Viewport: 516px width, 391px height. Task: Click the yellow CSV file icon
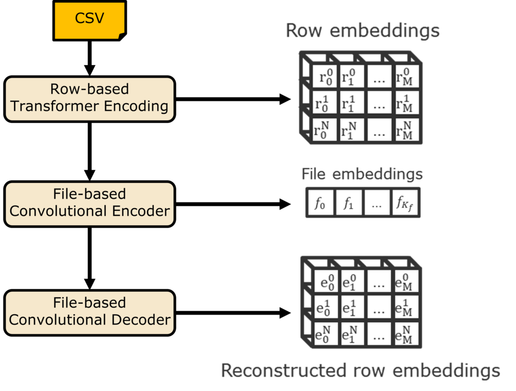pos(90,20)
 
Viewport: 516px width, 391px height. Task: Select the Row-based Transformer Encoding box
pos(90,99)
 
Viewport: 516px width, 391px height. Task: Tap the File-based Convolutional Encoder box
pos(90,204)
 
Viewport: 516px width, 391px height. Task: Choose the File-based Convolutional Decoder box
pos(90,313)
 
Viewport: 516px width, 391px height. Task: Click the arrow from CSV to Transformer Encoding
pos(90,58)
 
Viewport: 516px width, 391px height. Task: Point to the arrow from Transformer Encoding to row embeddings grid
pos(233,99)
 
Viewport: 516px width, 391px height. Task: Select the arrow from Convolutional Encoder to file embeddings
pos(233,204)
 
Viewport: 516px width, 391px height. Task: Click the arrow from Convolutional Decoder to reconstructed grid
pos(233,313)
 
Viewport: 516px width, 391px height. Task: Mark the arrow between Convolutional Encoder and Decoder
pos(90,258)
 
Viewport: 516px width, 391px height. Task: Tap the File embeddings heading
pos(362,174)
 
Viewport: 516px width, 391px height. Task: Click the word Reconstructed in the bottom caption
pos(284,370)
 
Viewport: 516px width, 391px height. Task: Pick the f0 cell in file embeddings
pos(320,203)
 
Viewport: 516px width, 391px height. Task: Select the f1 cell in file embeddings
pos(349,203)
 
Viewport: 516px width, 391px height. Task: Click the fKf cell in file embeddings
pos(405,203)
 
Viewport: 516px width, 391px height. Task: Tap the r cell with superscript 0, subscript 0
pos(325,77)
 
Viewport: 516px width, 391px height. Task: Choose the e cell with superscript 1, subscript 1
pos(352,308)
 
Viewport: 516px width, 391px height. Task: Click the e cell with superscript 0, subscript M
pos(406,282)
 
